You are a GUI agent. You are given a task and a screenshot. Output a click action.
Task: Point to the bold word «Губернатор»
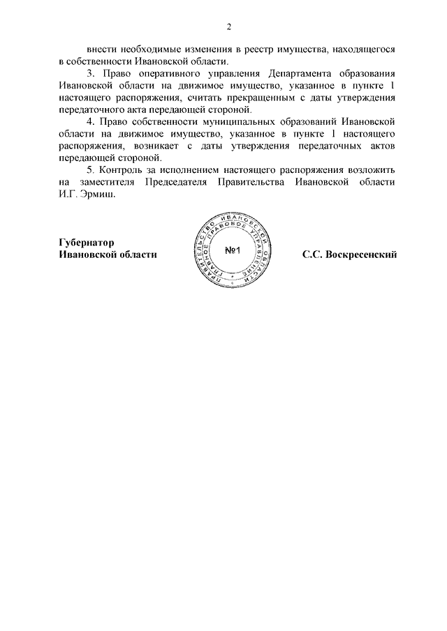(86, 242)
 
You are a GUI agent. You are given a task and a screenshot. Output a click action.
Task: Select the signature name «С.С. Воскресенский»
(349, 254)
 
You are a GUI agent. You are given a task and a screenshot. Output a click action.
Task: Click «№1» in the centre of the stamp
(233, 251)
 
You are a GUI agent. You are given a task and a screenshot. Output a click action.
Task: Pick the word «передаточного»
(92, 110)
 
